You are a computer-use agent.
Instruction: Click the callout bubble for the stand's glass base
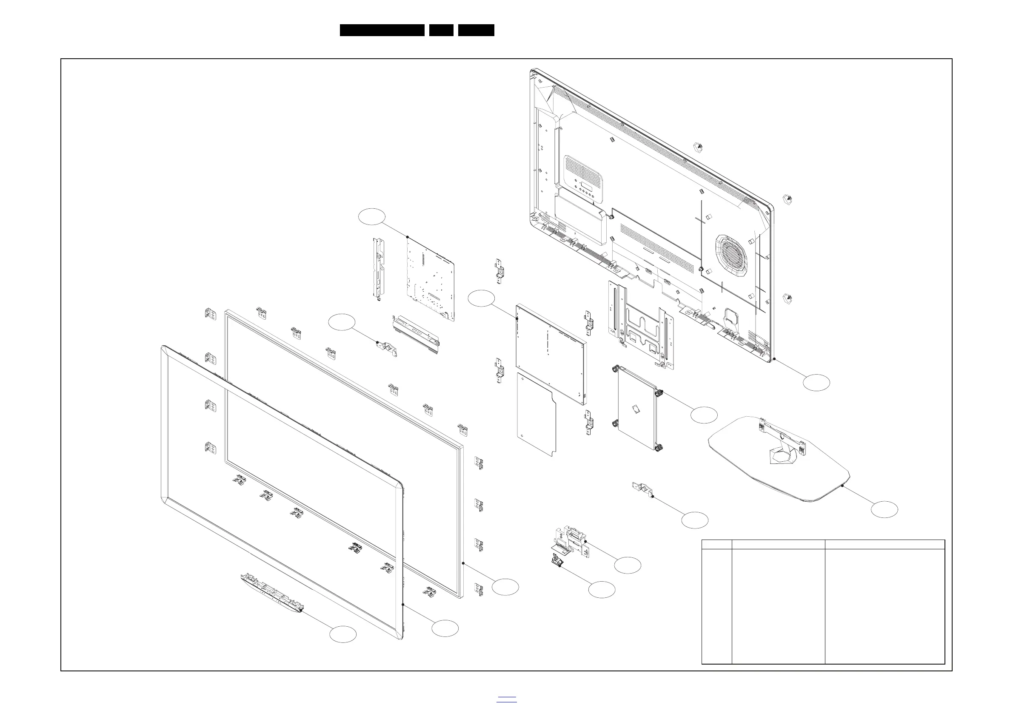pos(884,509)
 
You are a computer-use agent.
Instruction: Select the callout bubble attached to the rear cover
pos(816,382)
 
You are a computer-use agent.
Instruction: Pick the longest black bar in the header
pos(382,30)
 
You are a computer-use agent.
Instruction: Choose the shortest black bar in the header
pos(441,30)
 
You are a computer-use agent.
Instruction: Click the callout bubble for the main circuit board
pos(371,216)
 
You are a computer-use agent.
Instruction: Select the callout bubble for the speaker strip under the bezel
pos(343,634)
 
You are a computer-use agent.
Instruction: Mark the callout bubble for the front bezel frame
pos(445,628)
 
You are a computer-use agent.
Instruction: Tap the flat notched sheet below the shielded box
pos(536,415)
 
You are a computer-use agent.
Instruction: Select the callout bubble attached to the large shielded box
pos(481,298)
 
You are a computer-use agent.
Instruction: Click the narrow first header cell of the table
pos(716,544)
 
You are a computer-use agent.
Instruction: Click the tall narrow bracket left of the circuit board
pos(379,269)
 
